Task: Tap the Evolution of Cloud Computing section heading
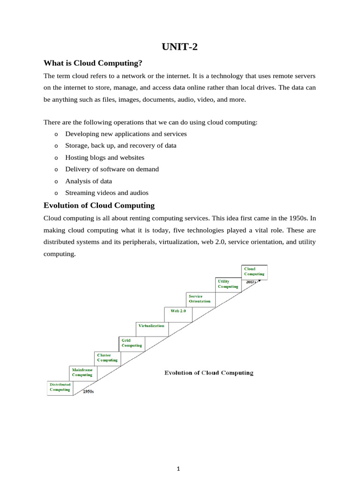99,205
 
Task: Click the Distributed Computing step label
60,387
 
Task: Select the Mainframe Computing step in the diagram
82,372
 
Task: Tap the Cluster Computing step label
107,358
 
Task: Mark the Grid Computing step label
131,343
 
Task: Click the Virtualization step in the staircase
151,326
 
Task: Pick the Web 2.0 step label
178,311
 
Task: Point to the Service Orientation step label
199,299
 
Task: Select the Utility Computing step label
228,284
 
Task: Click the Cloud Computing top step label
254,271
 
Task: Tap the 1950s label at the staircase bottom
88,391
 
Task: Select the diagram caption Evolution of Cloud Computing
209,373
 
